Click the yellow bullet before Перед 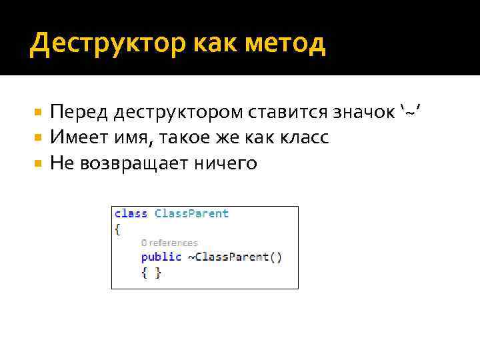coord(39,112)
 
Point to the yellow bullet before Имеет coord(39,138)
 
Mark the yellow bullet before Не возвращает coord(39,163)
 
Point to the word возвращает coord(136,163)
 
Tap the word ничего coord(227,163)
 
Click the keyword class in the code coord(131,213)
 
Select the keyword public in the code coord(161,257)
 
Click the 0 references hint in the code coord(169,243)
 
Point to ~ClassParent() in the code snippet coord(235,257)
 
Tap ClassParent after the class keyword coord(191,213)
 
